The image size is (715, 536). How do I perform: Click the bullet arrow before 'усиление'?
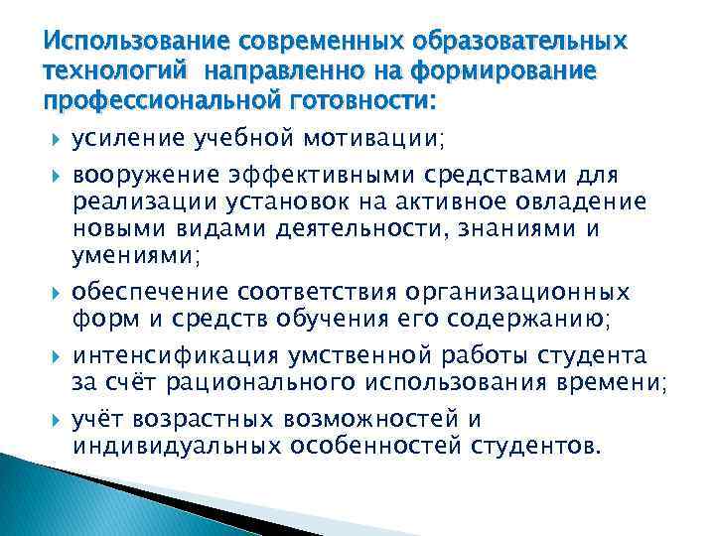point(54,140)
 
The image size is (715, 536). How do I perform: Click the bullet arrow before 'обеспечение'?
point(54,294)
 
